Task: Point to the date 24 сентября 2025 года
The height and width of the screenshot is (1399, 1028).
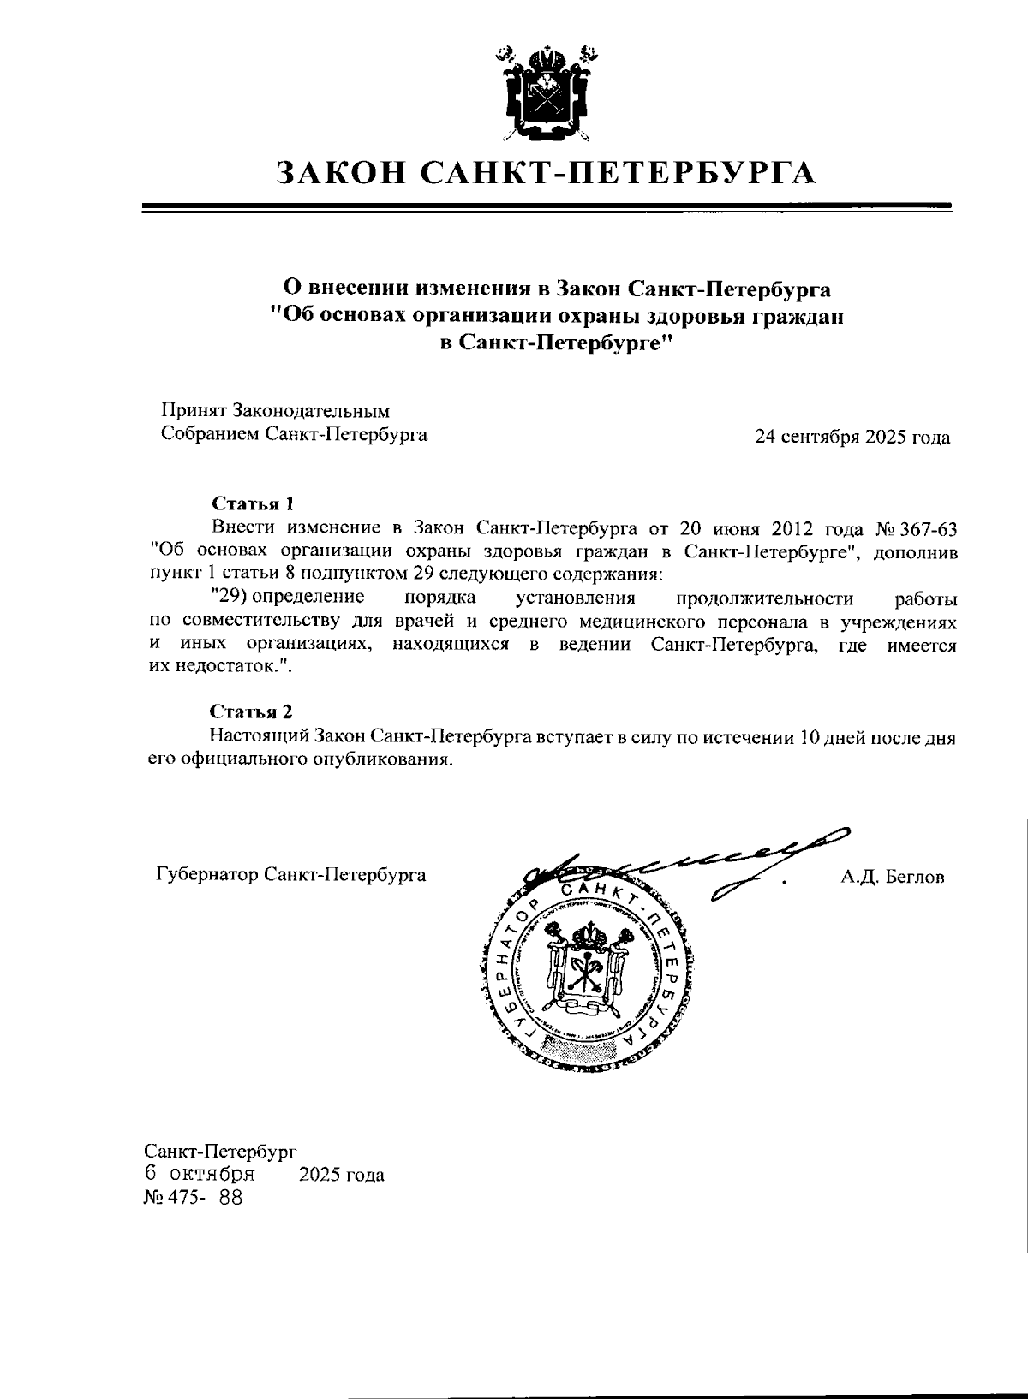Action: coord(852,438)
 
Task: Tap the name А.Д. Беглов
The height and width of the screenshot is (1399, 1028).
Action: coord(893,877)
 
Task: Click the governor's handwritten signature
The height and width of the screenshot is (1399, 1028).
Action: coord(685,863)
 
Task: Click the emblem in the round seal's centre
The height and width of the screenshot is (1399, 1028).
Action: coord(589,963)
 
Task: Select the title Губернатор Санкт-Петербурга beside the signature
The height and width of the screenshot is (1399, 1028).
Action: coord(290,875)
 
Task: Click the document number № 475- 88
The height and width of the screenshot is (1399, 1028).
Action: coord(194,1198)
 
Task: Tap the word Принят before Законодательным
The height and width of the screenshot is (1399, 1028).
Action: coord(189,412)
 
